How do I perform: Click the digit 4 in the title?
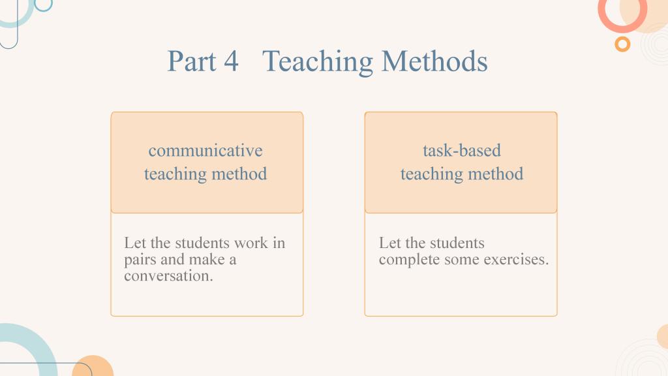(230, 61)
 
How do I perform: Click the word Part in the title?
(192, 61)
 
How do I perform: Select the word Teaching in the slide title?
(318, 62)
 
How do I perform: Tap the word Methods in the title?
(434, 61)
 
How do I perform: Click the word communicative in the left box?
(205, 151)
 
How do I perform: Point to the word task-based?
(462, 151)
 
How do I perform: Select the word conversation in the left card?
(168, 276)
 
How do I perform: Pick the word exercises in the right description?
(517, 259)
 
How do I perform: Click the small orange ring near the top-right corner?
(622, 44)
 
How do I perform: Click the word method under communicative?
(239, 174)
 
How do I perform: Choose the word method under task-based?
(496, 174)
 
